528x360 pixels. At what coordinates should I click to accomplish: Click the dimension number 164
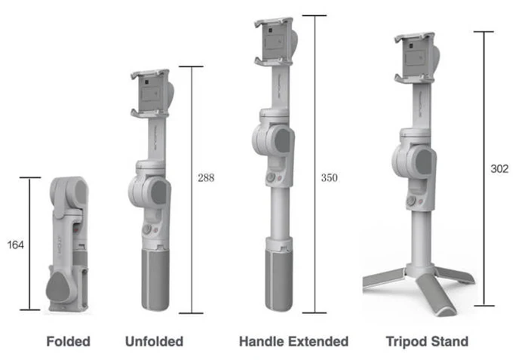coord(16,245)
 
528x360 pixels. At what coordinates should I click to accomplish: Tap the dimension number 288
coord(206,177)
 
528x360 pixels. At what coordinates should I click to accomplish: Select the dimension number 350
coord(330,177)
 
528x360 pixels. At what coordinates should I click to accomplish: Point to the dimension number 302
coord(499,168)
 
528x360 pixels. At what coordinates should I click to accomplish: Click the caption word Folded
coord(69,341)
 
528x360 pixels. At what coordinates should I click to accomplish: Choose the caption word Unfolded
coord(154,341)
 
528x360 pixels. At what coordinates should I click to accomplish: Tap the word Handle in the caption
coord(260,341)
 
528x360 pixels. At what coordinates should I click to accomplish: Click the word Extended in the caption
coord(317,341)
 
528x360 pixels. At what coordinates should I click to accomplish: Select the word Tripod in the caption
coord(407,341)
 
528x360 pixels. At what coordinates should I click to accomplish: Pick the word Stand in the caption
coord(450,341)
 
